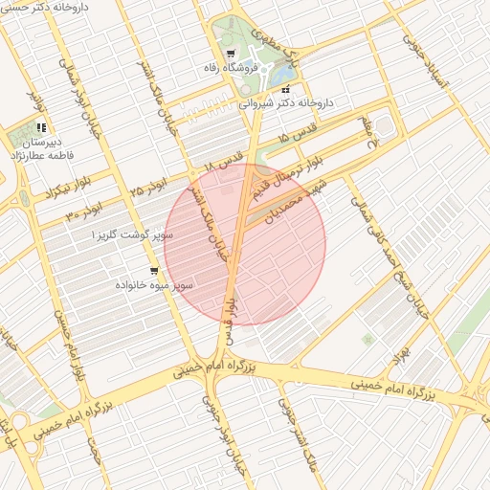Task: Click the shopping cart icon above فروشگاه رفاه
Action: [231, 53]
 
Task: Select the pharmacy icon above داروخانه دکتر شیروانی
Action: [285, 89]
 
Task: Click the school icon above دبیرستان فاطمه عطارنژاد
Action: [40, 126]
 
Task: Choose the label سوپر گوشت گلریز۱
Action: [132, 234]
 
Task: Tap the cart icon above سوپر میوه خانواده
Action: [154, 271]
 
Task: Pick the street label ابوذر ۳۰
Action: [83, 209]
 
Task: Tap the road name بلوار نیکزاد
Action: [35, 191]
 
